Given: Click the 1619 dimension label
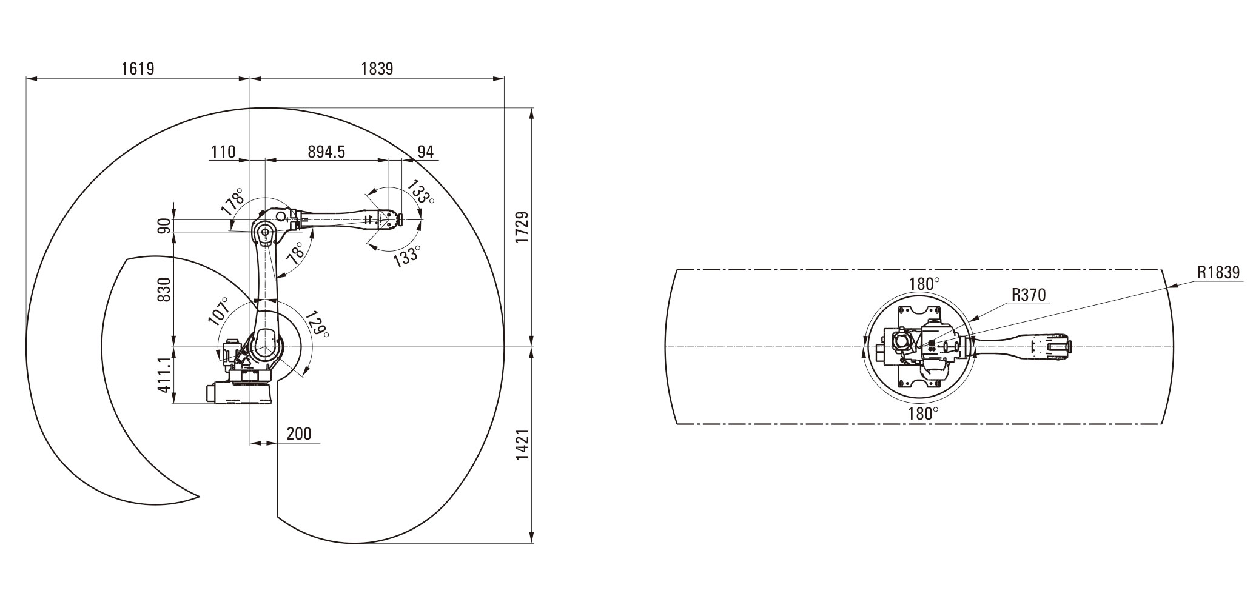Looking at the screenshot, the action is (x=138, y=69).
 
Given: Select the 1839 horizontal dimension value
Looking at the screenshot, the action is (x=377, y=69).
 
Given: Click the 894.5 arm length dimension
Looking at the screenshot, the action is (x=326, y=152).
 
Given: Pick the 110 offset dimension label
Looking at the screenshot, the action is (x=223, y=152).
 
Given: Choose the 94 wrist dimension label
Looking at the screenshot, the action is (x=426, y=152).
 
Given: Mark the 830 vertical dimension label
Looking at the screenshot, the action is (x=164, y=289).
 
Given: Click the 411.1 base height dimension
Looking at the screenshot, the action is (x=164, y=375).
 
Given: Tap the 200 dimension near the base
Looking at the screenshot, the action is (x=299, y=434).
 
